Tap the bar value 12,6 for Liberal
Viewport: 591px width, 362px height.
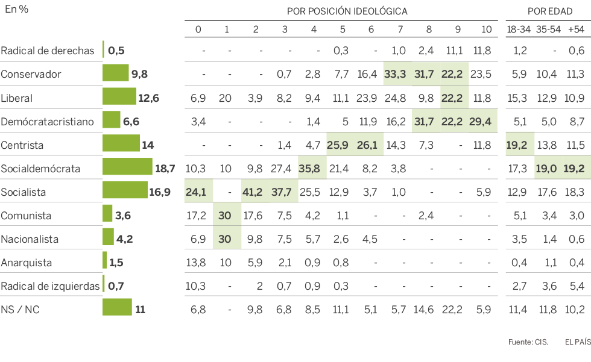pos(148,98)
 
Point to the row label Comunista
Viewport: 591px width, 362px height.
pos(26,216)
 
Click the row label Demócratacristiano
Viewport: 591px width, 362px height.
pos(48,122)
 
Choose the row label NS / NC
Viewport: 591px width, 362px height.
pos(21,310)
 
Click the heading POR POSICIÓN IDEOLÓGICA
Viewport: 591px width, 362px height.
pos(347,11)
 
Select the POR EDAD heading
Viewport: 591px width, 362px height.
pos(542,11)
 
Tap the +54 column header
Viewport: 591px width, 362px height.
pos(576,30)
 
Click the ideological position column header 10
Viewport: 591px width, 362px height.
pos(486,30)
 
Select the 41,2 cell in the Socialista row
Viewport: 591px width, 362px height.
pos(254,192)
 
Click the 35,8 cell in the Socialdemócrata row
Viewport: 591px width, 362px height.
pos(312,169)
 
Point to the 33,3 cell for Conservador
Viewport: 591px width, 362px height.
pos(394,75)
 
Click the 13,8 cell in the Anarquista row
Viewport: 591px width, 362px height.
pos(197,263)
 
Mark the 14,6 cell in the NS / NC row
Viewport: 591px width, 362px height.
pos(423,310)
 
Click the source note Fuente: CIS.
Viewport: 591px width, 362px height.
pos(528,342)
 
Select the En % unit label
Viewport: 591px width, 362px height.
pos(16,10)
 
